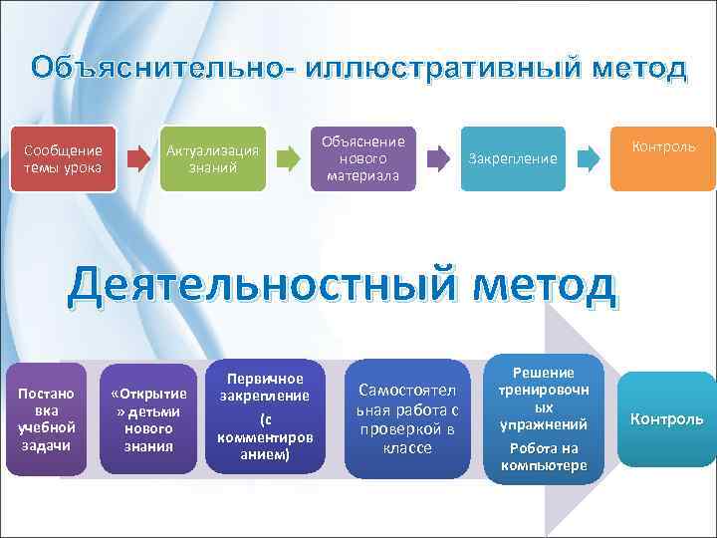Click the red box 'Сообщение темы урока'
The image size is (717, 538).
pos(63,158)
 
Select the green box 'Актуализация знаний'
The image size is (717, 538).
pos(212,158)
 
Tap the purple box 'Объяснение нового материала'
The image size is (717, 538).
pos(362,158)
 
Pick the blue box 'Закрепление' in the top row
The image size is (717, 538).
pos(512,158)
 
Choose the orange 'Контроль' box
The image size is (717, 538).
pos(661,158)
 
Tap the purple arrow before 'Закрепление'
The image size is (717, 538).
pos(437,157)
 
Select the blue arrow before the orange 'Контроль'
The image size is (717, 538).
pos(589,157)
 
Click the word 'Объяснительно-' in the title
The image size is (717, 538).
pos(160,69)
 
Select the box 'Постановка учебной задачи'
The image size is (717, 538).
pos(46,419)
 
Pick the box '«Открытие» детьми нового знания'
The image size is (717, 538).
pos(148,419)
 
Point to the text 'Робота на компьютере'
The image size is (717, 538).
pos(544,456)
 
